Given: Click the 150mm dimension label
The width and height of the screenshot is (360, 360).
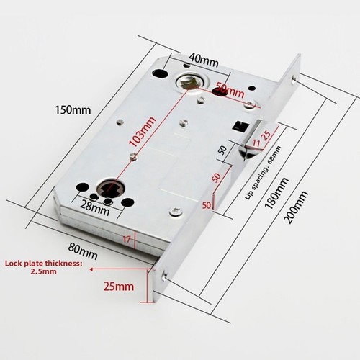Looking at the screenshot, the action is pos(73,110).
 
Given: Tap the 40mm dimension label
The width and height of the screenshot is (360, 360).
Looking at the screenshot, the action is pos(204,60).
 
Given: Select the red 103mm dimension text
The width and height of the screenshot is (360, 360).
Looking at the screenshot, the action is pos(142,131).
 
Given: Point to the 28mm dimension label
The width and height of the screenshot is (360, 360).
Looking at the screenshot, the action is pos(94,208).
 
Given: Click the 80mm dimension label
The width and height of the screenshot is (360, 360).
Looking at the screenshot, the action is pos(83,251).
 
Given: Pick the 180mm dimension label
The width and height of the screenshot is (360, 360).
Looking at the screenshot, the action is pos(276,193).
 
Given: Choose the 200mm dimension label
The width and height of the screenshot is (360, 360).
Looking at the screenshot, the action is pos(296,207).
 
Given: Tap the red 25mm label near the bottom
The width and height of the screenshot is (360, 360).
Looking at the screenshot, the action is pos(119,287).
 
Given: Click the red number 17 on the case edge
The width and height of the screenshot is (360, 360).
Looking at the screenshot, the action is pos(127,239).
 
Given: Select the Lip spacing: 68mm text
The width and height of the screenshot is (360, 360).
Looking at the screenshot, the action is pos(263,173).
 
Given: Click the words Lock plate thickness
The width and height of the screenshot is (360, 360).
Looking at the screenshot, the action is pos(43,264).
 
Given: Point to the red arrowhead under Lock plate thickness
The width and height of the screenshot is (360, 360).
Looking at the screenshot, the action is pos(91,269).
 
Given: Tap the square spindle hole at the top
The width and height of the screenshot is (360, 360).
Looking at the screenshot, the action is pos(189,83).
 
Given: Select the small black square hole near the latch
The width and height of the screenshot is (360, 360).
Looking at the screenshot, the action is pos(240,126).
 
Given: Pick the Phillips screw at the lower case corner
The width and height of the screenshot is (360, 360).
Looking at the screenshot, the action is pos(176,211).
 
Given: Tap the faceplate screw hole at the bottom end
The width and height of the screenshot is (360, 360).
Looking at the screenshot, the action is pos(165,276).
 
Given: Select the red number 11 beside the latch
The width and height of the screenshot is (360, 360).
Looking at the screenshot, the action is pos(256,143).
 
